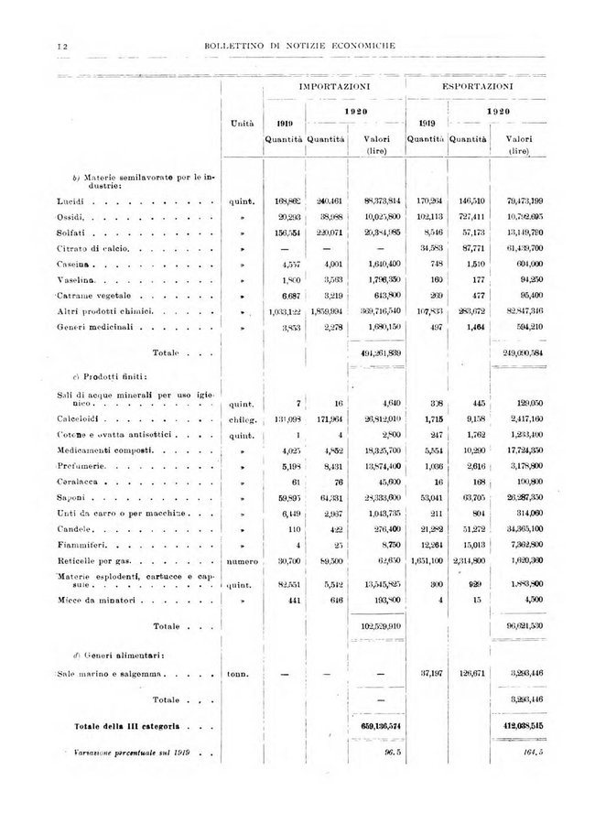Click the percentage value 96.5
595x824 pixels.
coord(392,754)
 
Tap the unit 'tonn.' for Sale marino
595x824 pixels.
coord(241,675)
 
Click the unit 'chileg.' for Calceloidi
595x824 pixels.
coord(243,420)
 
